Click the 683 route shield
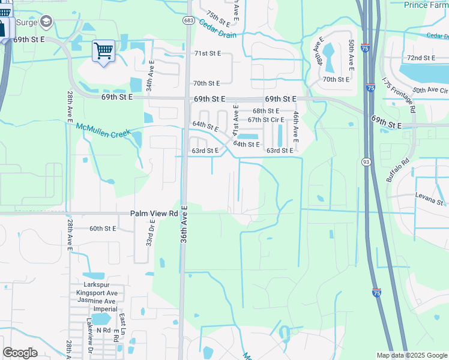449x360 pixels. pyautogui.click(x=188, y=20)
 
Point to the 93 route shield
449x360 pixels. pyautogui.click(x=366, y=162)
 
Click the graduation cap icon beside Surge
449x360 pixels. pyautogui.click(x=46, y=22)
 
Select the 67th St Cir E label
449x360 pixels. pyautogui.click(x=266, y=119)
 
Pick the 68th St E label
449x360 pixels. pyautogui.click(x=266, y=111)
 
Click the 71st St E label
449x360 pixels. pyautogui.click(x=208, y=53)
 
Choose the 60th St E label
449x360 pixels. pyautogui.click(x=103, y=229)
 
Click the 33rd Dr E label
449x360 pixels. pyautogui.click(x=151, y=233)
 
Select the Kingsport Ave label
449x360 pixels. pyautogui.click(x=96, y=293)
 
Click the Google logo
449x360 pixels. pyautogui.click(x=20, y=353)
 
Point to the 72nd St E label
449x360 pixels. pyautogui.click(x=421, y=58)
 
